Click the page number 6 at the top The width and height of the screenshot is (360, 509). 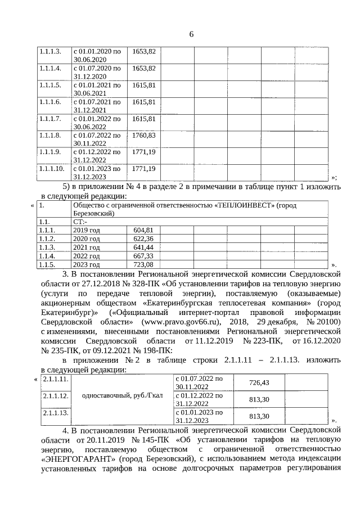pos(191,34)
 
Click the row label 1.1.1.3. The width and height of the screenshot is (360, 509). pos(49,51)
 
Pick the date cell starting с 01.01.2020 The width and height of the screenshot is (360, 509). pos(97,55)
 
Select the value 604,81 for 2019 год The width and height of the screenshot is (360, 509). pos(143,230)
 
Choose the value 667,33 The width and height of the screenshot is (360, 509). pos(143,256)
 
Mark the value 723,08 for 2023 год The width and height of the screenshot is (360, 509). pos(143,264)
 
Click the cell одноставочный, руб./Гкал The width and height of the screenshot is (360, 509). pos(122,395)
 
